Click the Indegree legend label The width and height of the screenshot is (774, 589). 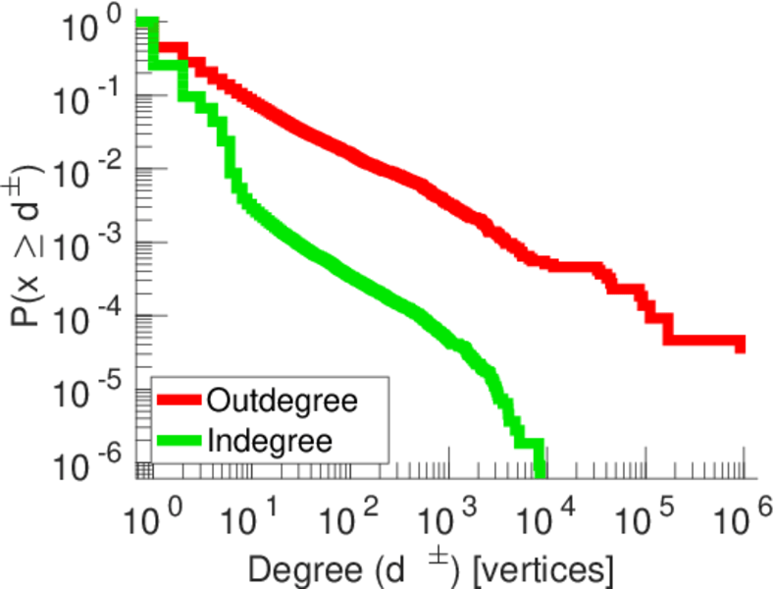pos(270,440)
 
